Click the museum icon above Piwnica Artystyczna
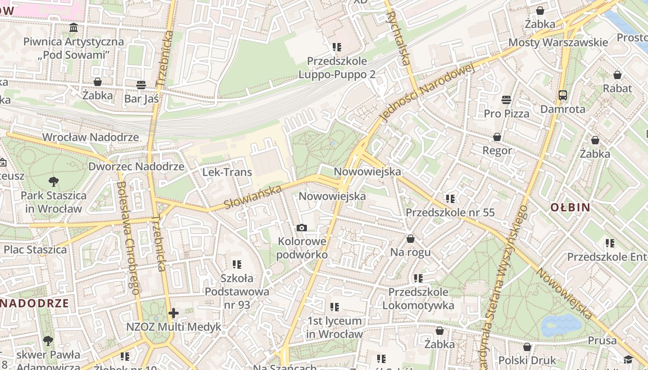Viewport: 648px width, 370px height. [x=74, y=28]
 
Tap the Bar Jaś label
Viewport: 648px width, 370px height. [x=141, y=99]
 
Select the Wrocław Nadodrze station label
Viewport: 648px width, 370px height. [x=90, y=137]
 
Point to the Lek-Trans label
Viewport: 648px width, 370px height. [x=227, y=173]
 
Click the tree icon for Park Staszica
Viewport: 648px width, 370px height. [x=54, y=182]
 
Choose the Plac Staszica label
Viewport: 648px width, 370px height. [x=35, y=250]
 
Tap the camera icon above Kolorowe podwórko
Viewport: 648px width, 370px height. [x=301, y=228]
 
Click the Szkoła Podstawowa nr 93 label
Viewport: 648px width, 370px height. [x=237, y=291]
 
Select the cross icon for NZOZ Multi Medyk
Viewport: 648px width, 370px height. [x=174, y=313]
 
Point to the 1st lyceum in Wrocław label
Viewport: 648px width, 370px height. [x=335, y=327]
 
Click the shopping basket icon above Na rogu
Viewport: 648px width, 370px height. [x=410, y=239]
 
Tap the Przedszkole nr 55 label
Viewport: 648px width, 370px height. [x=450, y=213]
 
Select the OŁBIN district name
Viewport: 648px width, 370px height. [x=570, y=207]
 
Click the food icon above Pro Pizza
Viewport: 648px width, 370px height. [x=506, y=100]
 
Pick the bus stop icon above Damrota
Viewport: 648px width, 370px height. [x=563, y=95]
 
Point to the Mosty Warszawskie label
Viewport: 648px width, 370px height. [x=558, y=43]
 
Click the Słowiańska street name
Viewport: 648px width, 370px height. [x=253, y=197]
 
